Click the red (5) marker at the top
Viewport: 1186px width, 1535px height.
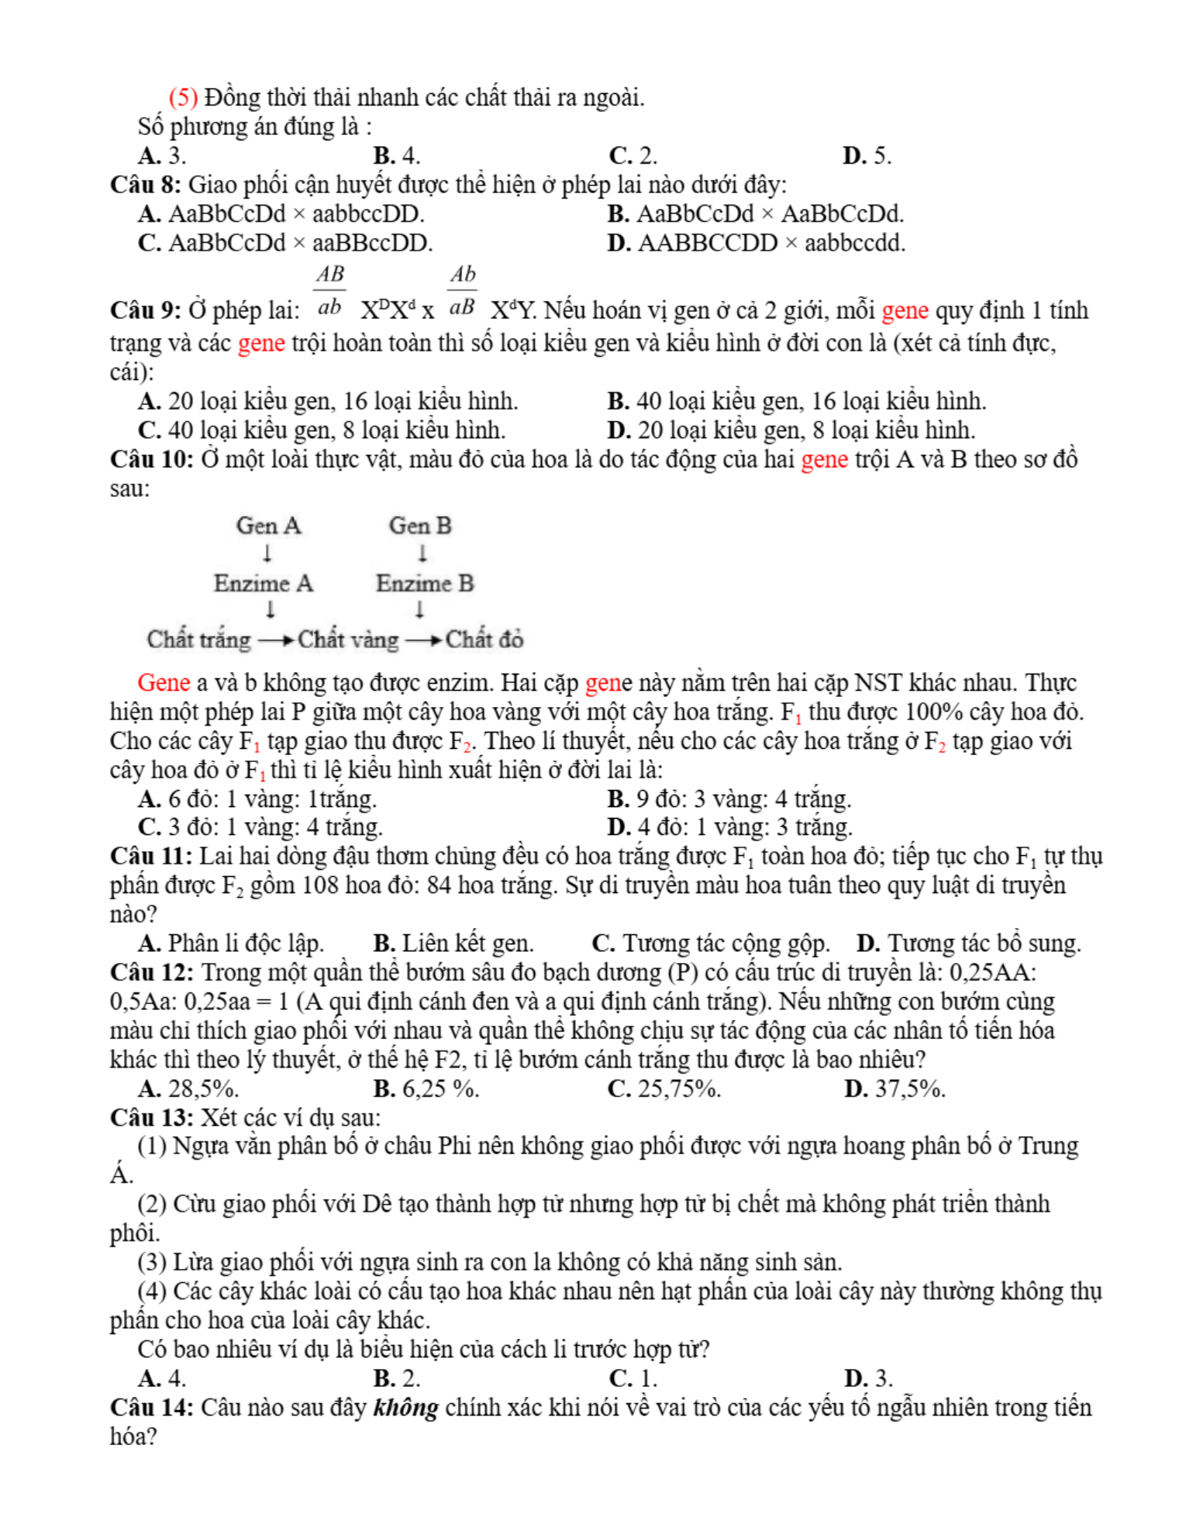pos(183,98)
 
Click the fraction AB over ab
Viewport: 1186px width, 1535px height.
pos(329,291)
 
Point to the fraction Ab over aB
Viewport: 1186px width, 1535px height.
pos(462,291)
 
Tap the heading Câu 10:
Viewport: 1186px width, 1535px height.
pos(152,460)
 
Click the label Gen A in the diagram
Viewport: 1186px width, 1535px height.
pos(268,526)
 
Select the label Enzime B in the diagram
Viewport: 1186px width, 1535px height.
pos(425,583)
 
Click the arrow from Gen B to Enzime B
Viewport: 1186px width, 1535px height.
pos(422,554)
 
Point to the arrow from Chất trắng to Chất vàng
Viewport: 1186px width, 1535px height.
pos(275,640)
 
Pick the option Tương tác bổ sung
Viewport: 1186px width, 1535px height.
pos(983,943)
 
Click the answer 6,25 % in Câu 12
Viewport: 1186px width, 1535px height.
pos(440,1089)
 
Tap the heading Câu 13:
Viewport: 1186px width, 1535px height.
pos(152,1118)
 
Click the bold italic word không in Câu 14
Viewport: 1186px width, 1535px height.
pos(405,1408)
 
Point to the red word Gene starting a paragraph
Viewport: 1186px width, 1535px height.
pos(164,683)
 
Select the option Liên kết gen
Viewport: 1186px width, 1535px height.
pos(467,943)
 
